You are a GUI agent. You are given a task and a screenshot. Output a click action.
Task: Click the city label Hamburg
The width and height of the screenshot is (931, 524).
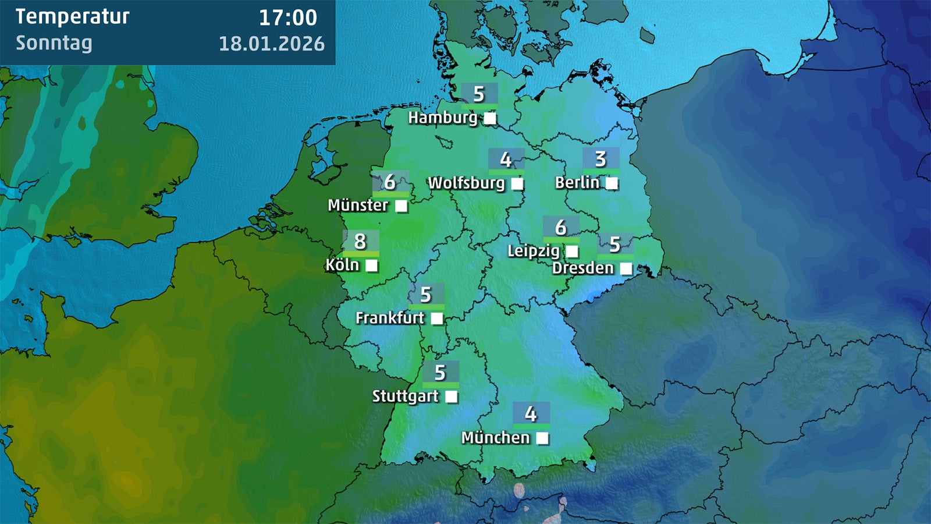pos(442,118)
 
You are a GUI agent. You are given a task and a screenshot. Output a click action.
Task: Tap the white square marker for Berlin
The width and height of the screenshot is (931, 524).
pos(612,183)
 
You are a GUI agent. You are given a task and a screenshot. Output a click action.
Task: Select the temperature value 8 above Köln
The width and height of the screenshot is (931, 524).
pos(360,241)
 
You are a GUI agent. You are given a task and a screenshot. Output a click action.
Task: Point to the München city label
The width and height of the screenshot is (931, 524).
pos(495,438)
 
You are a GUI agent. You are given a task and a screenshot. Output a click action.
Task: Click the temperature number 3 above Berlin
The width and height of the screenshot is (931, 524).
pos(600,159)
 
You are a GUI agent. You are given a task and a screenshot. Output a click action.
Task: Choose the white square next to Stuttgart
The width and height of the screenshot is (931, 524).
pos(451,397)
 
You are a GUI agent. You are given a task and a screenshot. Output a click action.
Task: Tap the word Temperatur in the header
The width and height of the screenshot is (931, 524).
pos(73,17)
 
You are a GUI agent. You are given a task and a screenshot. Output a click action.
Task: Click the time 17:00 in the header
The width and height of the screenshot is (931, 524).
pos(288,17)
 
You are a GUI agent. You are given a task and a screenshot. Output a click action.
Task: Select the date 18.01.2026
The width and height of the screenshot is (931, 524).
pos(272,44)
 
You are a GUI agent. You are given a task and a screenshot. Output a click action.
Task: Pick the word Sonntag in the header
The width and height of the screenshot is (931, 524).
pos(54,43)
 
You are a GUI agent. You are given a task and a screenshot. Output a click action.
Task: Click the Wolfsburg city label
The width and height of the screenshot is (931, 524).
pos(466,183)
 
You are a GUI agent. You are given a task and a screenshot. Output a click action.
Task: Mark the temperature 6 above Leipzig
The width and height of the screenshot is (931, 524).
pos(561,227)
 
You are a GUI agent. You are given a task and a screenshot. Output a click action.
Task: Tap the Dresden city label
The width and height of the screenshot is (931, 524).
pos(582,268)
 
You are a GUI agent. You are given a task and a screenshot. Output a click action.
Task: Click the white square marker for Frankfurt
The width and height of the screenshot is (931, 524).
pos(437,318)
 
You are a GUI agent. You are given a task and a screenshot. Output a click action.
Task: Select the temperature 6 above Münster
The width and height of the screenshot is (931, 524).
pos(390,182)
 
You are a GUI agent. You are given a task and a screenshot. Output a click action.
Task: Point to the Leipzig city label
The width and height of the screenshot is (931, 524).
pos(533,252)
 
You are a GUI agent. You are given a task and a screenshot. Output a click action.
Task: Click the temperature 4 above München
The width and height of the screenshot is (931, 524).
pos(531,414)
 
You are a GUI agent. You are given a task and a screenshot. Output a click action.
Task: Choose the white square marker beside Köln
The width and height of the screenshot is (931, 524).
pos(371,266)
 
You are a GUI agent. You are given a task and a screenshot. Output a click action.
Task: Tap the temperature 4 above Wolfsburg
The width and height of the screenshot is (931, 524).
pos(506,160)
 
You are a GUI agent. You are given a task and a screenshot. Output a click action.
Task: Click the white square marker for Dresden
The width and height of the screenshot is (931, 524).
pos(626,268)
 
